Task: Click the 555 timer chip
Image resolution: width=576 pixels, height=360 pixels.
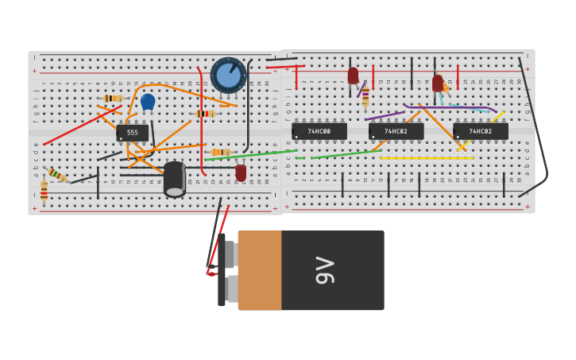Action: click(x=132, y=133)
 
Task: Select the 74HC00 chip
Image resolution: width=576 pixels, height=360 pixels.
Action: click(x=319, y=131)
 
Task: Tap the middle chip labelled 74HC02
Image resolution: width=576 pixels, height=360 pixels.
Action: click(x=396, y=131)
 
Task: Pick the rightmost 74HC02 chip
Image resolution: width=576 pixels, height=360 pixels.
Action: click(x=480, y=131)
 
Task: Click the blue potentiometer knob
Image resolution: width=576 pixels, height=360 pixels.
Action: click(x=228, y=75)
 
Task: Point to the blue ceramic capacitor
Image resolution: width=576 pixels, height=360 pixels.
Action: click(x=148, y=101)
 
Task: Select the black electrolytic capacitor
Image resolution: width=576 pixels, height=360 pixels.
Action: click(x=175, y=178)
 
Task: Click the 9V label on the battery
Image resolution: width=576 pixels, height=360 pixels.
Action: click(x=325, y=270)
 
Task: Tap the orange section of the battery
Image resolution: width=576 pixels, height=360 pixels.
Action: click(x=260, y=270)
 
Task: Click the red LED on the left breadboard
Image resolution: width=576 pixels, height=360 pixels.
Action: click(x=241, y=172)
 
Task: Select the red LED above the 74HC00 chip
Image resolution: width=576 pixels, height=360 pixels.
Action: click(x=353, y=75)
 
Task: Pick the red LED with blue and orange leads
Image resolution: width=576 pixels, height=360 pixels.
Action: click(x=438, y=83)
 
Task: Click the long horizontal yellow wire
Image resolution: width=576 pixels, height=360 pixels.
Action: click(x=426, y=158)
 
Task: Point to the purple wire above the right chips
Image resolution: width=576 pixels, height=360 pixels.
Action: click(x=449, y=107)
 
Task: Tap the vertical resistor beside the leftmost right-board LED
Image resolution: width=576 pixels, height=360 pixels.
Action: click(x=365, y=97)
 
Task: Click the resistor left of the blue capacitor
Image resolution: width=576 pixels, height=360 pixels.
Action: click(x=113, y=99)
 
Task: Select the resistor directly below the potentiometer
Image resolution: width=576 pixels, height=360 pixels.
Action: click(x=205, y=114)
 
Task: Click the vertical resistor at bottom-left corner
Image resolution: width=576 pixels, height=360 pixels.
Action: click(x=44, y=192)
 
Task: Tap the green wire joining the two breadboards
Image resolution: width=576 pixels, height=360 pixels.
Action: click(x=262, y=153)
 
